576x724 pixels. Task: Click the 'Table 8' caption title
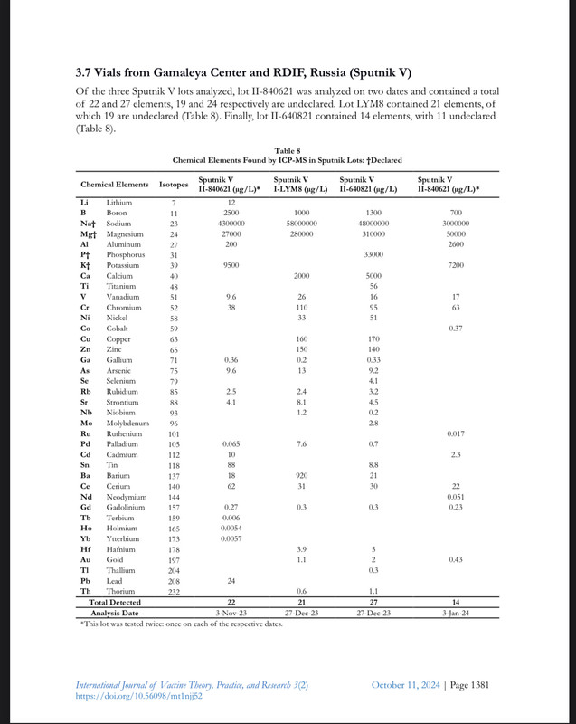tap(288, 150)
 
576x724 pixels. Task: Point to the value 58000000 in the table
tap(301, 223)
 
